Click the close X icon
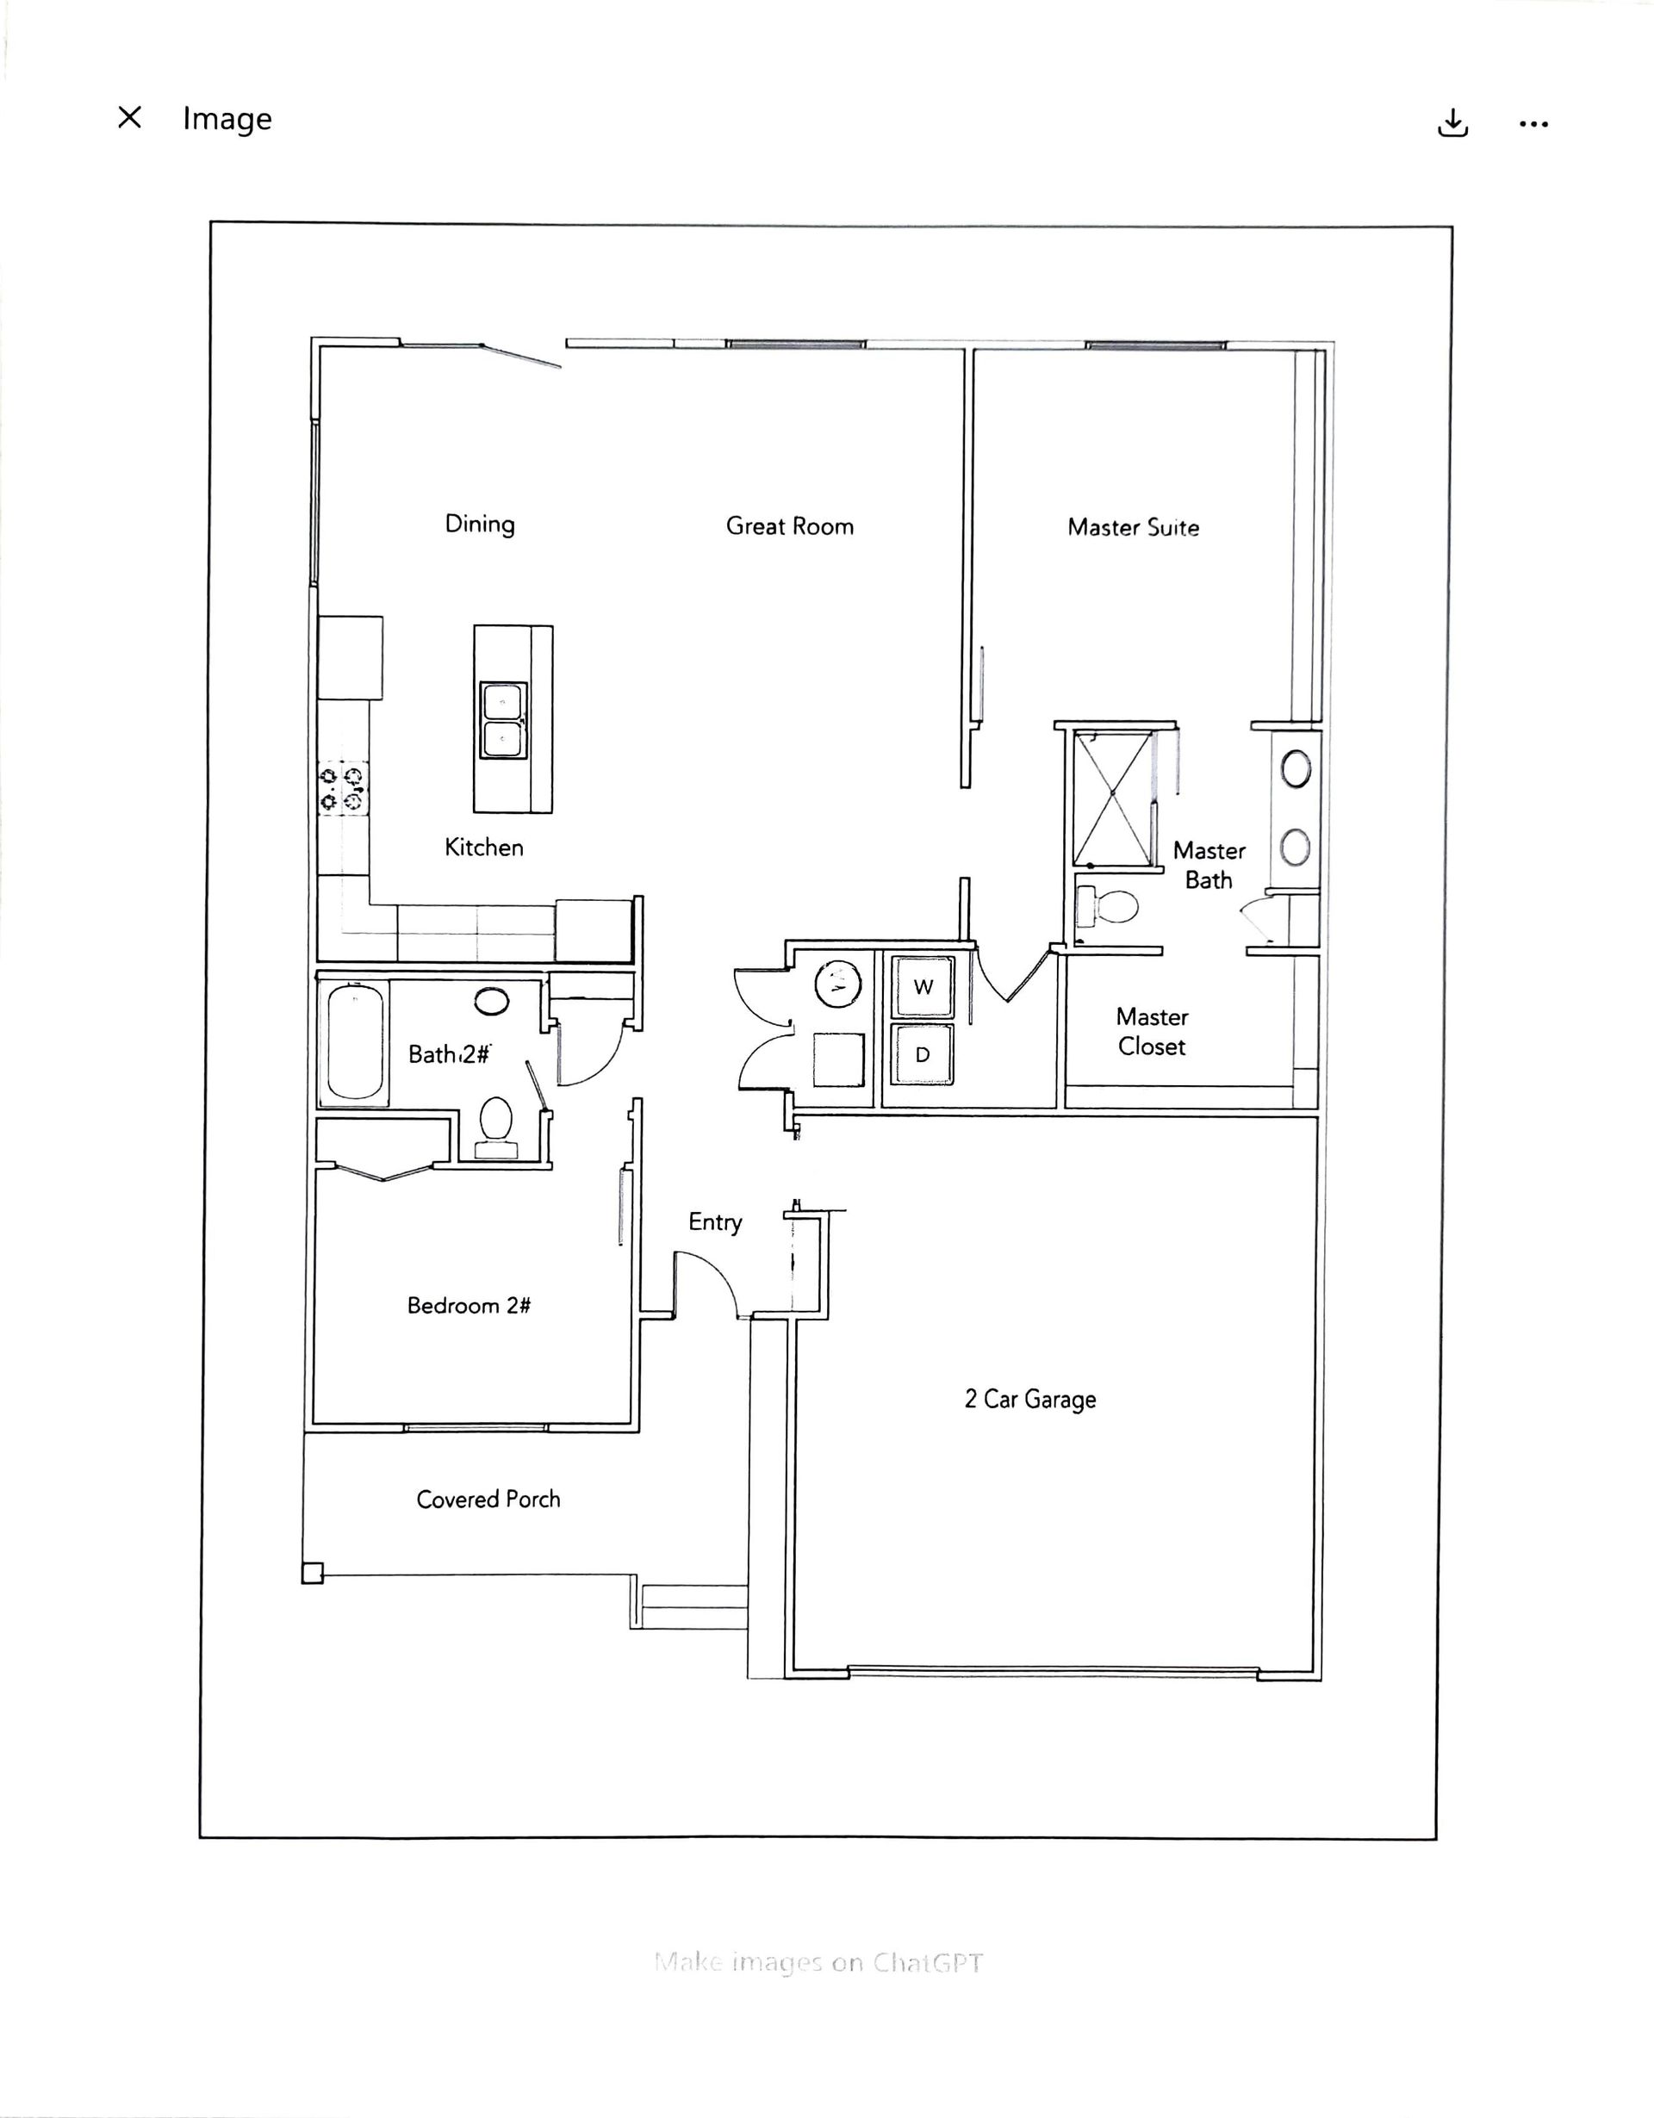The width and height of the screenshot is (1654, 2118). pyautogui.click(x=129, y=117)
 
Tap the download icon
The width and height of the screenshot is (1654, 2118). pyautogui.click(x=1452, y=123)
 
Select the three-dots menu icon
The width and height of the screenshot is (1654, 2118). pyautogui.click(x=1533, y=124)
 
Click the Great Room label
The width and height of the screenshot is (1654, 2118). pyautogui.click(x=790, y=525)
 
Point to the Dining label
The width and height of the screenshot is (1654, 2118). pyautogui.click(x=479, y=524)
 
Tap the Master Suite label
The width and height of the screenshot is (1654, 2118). pyautogui.click(x=1133, y=527)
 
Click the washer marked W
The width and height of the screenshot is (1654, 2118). pyautogui.click(x=923, y=986)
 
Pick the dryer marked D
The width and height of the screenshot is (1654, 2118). pyautogui.click(x=923, y=1054)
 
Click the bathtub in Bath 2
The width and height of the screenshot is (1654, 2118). pyautogui.click(x=354, y=1043)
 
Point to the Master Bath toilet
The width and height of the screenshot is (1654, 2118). pyautogui.click(x=1107, y=908)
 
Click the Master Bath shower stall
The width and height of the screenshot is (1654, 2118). pyautogui.click(x=1112, y=798)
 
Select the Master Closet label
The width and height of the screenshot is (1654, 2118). pyautogui.click(x=1152, y=1032)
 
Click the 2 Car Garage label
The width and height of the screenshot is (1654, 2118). pyautogui.click(x=1030, y=1399)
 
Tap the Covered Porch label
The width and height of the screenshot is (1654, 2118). pyautogui.click(x=488, y=1500)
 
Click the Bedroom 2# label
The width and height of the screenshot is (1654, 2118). pyautogui.click(x=469, y=1305)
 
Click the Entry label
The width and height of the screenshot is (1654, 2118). pyautogui.click(x=715, y=1223)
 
